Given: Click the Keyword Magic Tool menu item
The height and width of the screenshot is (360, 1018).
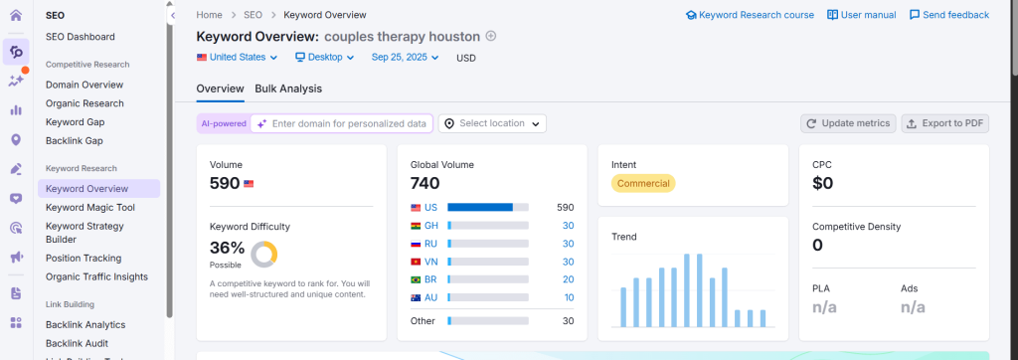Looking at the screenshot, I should pyautogui.click(x=89, y=207).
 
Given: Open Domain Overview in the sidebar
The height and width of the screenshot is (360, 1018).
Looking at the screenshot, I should pyautogui.click(x=85, y=85).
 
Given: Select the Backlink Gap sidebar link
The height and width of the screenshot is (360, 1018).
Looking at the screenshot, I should pyautogui.click(x=76, y=140).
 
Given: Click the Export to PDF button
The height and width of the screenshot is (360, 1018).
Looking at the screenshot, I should pyautogui.click(x=944, y=123).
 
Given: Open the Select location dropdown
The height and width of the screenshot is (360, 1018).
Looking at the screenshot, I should pyautogui.click(x=492, y=123).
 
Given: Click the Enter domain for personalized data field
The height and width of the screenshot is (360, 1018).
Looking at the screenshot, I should pyautogui.click(x=349, y=123).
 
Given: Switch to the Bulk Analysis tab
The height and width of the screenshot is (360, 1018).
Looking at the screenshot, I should pyautogui.click(x=288, y=89).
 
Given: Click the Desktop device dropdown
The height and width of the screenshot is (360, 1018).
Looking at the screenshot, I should pyautogui.click(x=325, y=58).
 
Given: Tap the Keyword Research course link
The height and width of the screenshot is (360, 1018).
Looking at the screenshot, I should pyautogui.click(x=750, y=15).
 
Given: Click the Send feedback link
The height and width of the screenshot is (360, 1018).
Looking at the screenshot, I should pyautogui.click(x=949, y=15).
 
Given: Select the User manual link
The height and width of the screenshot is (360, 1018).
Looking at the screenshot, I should pyautogui.click(x=862, y=15).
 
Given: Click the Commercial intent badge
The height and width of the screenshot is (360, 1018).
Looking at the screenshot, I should pyautogui.click(x=643, y=183).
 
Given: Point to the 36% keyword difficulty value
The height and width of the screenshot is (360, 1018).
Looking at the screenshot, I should pyautogui.click(x=227, y=248).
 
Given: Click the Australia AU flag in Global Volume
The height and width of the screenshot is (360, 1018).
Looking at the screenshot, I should pyautogui.click(x=416, y=297).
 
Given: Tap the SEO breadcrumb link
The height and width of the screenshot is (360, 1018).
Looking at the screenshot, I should pyautogui.click(x=253, y=15).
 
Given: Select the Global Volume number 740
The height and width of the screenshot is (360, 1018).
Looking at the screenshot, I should pyautogui.click(x=425, y=183).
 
